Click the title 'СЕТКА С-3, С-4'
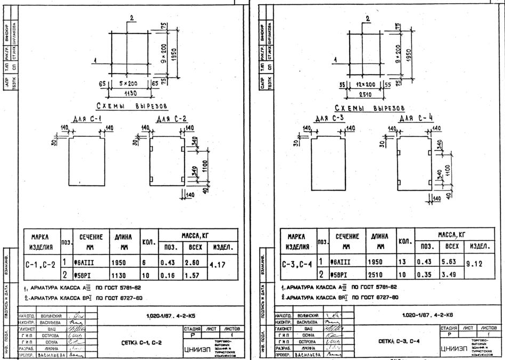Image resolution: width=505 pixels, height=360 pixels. click(x=395, y=339)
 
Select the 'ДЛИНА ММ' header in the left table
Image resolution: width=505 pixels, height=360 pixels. click(x=123, y=243)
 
